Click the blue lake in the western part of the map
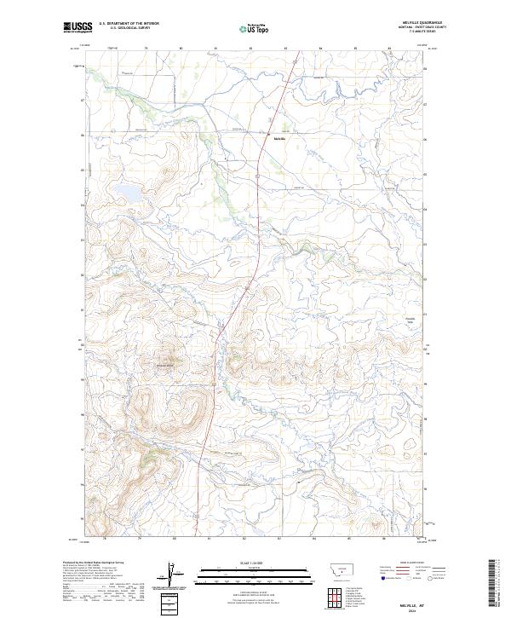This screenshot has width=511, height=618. [x=129, y=192]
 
